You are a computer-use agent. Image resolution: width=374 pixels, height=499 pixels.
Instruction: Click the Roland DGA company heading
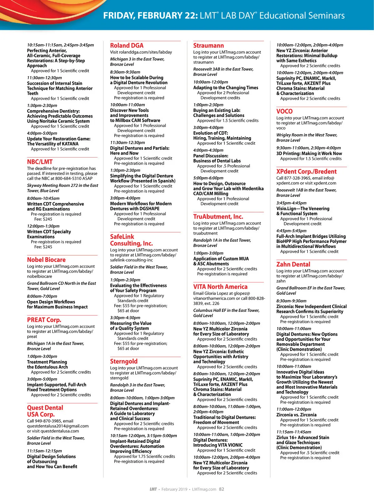[x=127, y=46]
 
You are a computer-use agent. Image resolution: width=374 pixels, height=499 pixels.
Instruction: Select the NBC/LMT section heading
[x=40, y=162]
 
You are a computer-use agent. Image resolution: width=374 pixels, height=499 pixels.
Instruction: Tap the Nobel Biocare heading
[x=46, y=260]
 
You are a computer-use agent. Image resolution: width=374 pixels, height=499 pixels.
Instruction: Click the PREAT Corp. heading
[x=44, y=320]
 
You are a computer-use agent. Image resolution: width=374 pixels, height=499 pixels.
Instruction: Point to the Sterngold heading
[x=123, y=361]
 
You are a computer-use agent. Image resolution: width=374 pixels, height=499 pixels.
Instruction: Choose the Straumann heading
[x=208, y=46]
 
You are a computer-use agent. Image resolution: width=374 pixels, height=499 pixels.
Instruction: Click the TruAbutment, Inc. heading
[x=218, y=217]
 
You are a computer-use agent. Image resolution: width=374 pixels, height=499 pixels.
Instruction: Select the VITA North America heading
[x=220, y=287]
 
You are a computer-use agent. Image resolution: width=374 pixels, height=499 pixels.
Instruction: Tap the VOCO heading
[x=284, y=111]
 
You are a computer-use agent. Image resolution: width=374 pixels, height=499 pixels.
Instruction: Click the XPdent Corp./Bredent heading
[x=306, y=172]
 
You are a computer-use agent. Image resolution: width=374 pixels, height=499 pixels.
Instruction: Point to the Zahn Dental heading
[x=293, y=264]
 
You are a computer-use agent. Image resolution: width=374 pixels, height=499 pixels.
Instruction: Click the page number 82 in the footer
[x=221, y=489]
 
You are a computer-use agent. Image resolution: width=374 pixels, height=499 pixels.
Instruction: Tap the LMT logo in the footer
[x=153, y=489]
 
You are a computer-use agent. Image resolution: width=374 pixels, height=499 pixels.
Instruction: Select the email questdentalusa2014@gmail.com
[x=58, y=426]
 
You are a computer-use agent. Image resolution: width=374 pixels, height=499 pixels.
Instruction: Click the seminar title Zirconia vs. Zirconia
[x=296, y=415]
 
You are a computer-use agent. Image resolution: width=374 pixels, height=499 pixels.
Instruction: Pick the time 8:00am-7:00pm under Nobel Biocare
[x=42, y=296]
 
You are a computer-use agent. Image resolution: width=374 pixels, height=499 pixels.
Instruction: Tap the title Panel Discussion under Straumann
[x=210, y=156]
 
